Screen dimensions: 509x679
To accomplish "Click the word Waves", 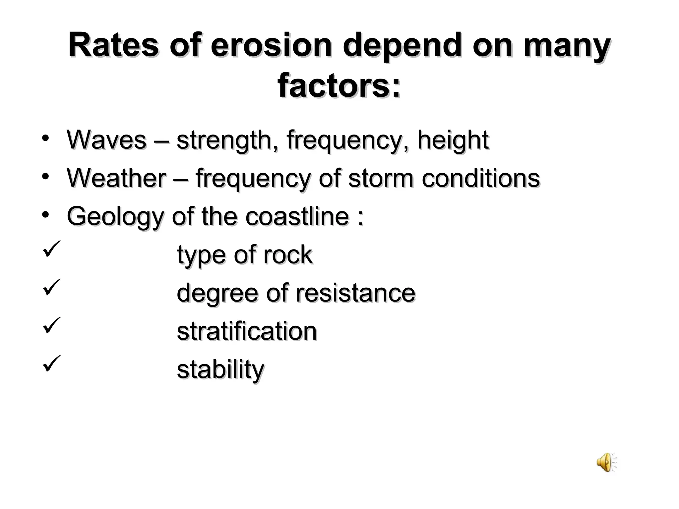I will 106,140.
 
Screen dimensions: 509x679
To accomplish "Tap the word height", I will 453,141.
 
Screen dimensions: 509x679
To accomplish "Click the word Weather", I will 116,178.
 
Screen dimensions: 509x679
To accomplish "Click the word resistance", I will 355,293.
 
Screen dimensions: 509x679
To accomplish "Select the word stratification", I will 247,331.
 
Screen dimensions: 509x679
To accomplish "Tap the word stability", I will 220,370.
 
